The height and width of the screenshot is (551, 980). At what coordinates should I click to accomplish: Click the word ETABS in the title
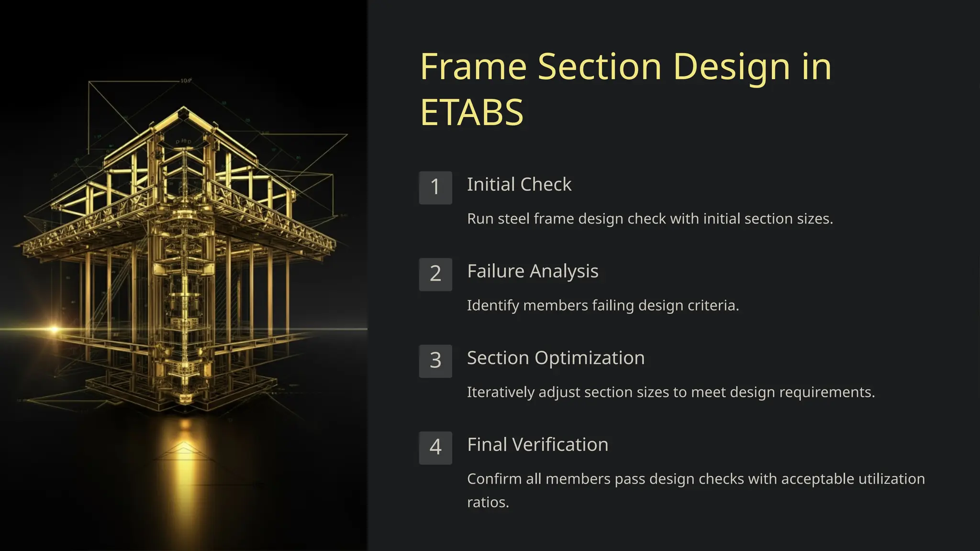pos(472,113)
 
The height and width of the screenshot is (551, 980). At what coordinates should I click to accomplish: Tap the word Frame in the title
pos(473,67)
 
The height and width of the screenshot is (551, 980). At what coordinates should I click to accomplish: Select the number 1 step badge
pos(435,187)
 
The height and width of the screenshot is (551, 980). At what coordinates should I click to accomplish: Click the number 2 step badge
pos(435,274)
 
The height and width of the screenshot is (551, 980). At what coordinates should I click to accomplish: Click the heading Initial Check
pos(519,185)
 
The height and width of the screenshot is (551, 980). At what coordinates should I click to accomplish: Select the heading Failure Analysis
pos(533,271)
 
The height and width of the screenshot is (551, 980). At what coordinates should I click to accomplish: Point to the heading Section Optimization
pos(556,358)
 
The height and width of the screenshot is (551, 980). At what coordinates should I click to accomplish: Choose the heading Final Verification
pos(537,445)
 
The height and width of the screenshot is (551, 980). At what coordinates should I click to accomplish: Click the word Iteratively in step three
pos(501,392)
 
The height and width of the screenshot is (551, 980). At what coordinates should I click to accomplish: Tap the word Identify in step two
pos(493,306)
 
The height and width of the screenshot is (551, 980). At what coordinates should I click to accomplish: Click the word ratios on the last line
pos(487,503)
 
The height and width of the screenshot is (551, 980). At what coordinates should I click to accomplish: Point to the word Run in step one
pos(480,219)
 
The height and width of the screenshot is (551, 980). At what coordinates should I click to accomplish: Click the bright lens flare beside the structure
pos(54,329)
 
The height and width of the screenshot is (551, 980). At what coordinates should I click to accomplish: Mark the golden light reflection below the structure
pos(184,459)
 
